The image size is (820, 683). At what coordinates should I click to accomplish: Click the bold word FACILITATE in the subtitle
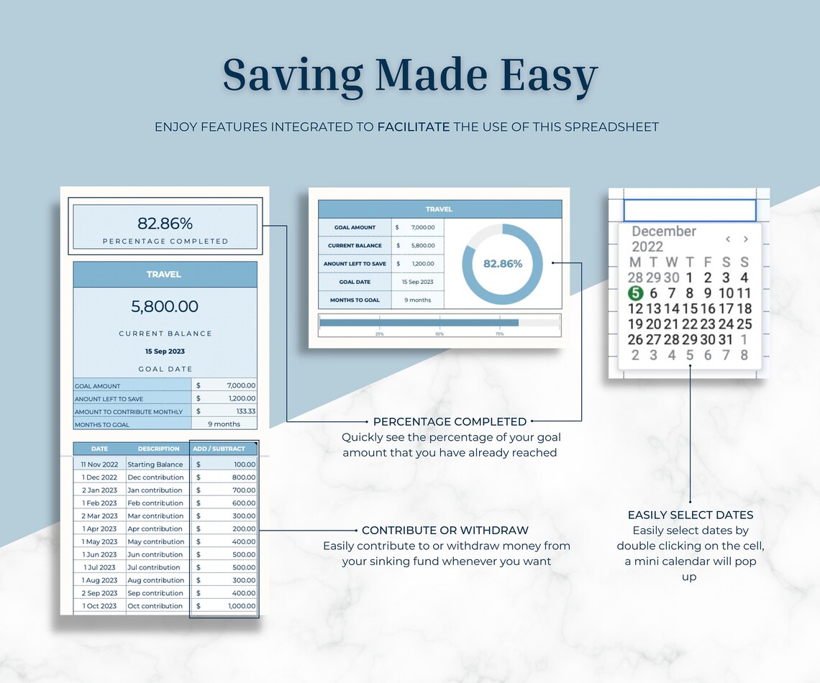414,127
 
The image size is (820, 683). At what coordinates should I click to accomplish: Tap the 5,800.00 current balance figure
165,306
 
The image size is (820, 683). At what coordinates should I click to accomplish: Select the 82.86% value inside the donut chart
502,264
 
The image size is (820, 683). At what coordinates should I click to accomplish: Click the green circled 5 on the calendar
634,293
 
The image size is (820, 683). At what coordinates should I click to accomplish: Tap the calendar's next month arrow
746,239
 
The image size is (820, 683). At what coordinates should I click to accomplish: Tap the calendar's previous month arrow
728,239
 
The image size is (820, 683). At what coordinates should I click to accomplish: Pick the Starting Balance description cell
155,464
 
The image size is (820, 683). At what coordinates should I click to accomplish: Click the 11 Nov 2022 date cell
99,464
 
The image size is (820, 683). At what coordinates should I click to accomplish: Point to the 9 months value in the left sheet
224,425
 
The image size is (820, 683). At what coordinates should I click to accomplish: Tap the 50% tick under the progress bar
439,334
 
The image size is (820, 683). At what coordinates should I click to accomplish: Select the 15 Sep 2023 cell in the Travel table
417,282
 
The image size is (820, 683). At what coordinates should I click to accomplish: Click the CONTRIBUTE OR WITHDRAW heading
445,531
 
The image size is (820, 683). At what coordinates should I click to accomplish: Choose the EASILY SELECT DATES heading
690,515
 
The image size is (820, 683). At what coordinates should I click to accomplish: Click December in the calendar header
663,232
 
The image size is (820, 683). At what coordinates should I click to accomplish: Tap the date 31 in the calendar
725,339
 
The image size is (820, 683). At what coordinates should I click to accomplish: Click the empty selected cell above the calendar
689,211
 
